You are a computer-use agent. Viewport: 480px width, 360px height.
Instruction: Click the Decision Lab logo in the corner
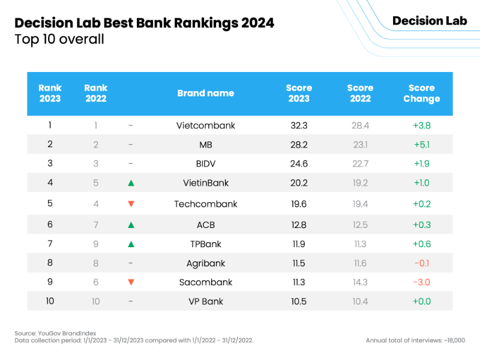tap(430, 21)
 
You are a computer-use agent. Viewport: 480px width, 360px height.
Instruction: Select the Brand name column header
tap(206, 94)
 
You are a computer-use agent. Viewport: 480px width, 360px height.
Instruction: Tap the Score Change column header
tap(421, 94)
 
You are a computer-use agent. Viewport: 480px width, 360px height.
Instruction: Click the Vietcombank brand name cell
tap(206, 125)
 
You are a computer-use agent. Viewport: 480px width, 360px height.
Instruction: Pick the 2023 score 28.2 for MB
tap(298, 145)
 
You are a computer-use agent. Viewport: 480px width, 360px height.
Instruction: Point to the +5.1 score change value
tap(421, 145)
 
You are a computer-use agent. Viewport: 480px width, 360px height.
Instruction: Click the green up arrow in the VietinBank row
tap(131, 184)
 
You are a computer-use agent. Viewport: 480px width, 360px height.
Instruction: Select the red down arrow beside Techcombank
tap(131, 204)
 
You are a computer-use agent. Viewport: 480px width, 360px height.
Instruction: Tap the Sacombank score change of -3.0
tap(421, 282)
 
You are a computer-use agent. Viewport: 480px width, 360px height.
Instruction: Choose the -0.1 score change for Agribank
tap(421, 263)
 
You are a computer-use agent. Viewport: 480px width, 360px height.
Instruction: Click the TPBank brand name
tap(206, 244)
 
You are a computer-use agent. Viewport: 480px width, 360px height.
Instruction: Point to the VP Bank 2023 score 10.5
tap(298, 301)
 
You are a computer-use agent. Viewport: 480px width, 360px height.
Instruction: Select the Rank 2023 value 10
tap(50, 301)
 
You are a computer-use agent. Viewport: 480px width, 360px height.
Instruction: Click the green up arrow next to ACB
tap(131, 224)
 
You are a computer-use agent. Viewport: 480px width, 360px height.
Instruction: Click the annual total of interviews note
tap(415, 340)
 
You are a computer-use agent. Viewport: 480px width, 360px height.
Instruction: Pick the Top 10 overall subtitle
tap(59, 40)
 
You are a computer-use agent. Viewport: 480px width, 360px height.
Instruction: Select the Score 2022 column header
tap(360, 94)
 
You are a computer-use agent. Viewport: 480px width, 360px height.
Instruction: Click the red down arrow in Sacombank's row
tap(131, 282)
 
